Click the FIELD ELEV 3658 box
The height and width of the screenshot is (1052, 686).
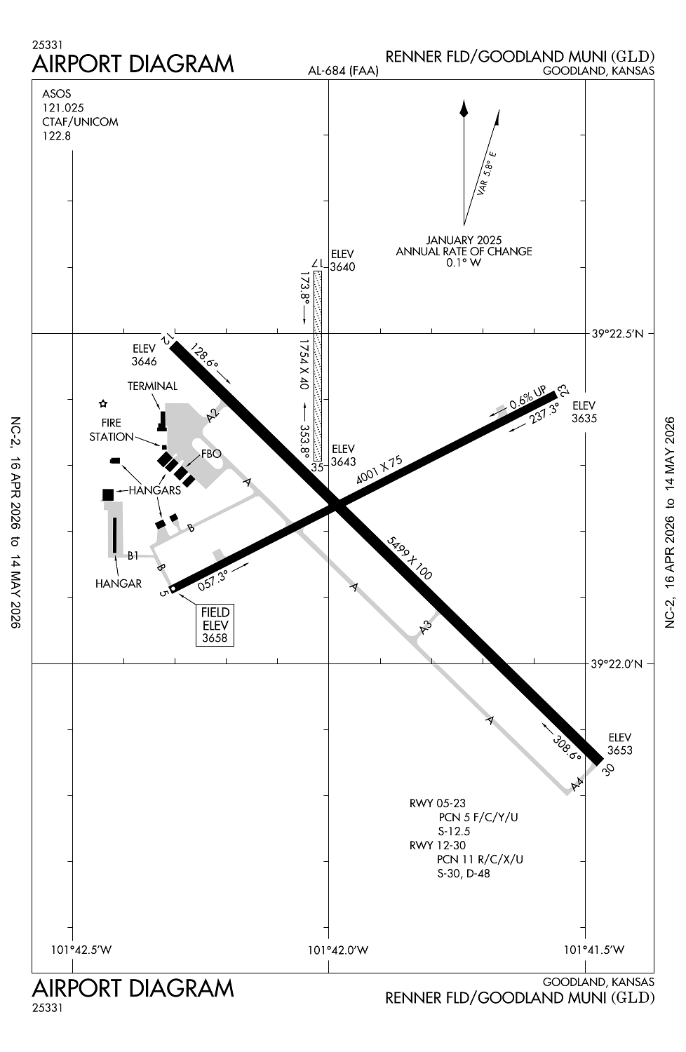215,625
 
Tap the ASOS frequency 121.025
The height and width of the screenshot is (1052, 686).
63,107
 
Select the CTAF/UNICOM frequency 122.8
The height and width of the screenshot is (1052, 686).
57,135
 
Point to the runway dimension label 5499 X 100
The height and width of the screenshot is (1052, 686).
409,558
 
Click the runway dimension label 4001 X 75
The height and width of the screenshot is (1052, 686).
379,470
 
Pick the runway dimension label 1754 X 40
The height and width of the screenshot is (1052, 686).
304,365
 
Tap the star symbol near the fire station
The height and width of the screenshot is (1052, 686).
104,403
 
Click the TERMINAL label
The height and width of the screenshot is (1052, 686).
152,386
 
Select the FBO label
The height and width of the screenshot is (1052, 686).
211,454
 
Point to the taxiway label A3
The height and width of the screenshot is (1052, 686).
425,628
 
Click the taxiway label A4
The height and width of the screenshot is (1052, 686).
577,785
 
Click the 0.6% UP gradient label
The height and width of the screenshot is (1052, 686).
527,400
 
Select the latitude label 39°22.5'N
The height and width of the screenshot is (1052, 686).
617,334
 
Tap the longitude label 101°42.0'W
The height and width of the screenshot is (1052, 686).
338,950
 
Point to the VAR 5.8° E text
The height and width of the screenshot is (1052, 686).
486,173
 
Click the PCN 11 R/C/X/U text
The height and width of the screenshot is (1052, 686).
480,859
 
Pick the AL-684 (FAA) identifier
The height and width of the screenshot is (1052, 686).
343,71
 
